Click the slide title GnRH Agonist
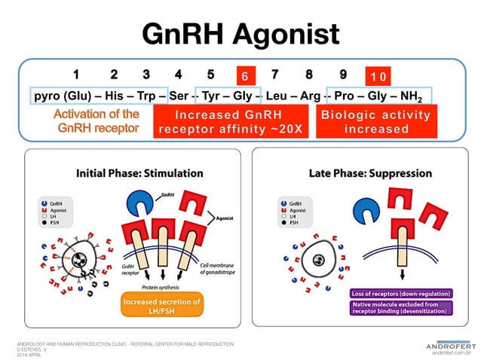(240, 34)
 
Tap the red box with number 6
(244, 76)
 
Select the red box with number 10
(378, 76)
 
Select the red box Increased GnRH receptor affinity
(230, 122)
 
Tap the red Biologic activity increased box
(375, 122)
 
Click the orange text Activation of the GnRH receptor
(97, 121)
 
